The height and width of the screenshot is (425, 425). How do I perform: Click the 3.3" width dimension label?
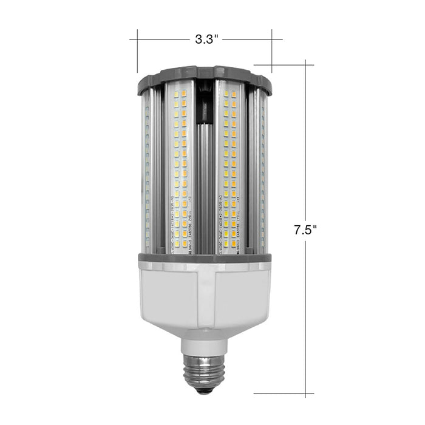pos(206,40)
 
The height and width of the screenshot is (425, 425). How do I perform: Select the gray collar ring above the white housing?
pos(204,258)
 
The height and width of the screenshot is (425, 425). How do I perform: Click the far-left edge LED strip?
pos(146,170)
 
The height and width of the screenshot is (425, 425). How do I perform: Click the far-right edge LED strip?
pos(263,170)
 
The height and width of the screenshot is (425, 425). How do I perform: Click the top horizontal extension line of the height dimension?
pos(285,64)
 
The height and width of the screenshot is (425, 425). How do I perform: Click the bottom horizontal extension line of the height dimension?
pos(285,393)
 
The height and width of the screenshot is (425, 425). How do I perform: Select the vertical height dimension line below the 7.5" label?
pos(305,316)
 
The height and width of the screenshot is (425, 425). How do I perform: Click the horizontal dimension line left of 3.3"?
pos(161,40)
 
